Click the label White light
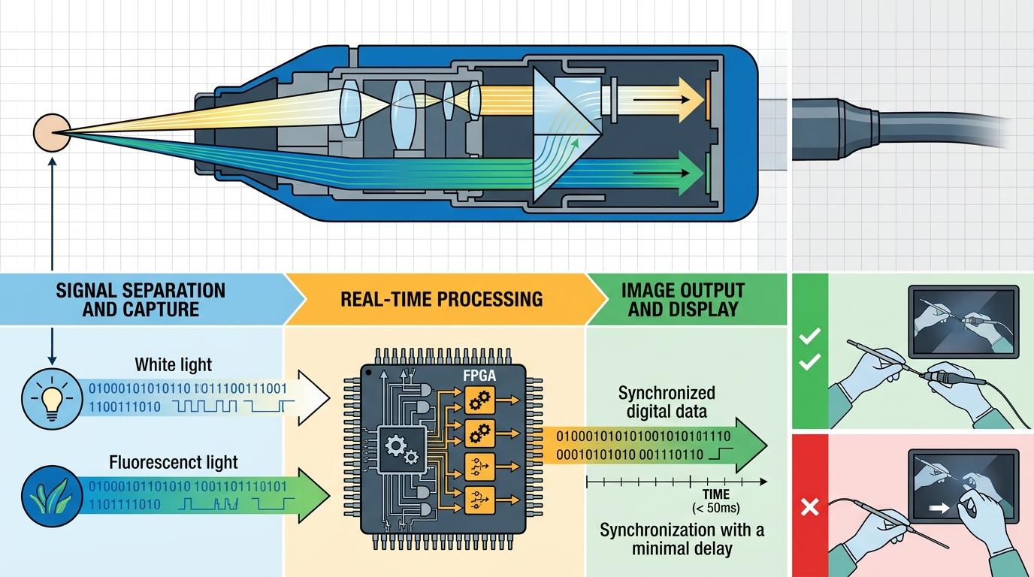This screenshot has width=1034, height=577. click(x=173, y=365)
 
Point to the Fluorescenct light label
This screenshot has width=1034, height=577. click(x=173, y=462)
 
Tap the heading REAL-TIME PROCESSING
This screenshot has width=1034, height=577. click(x=441, y=298)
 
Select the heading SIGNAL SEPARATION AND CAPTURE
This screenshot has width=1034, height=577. click(x=140, y=299)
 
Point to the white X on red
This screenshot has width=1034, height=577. click(x=809, y=509)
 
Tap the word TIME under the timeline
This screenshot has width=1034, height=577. click(x=715, y=494)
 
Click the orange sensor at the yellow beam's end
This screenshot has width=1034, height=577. click(x=706, y=96)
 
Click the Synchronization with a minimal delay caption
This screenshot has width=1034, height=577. click(x=682, y=539)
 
